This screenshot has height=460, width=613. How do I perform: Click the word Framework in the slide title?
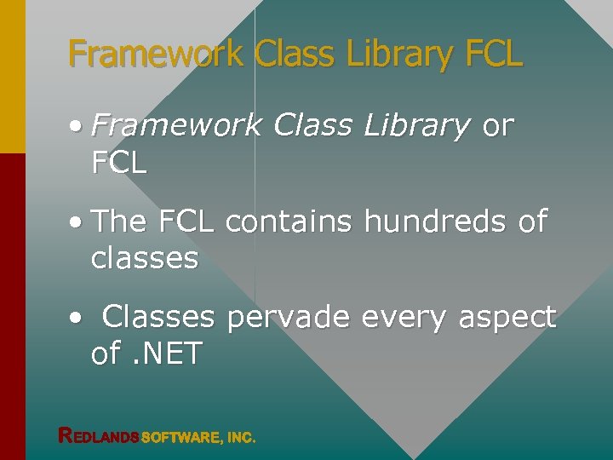[x=157, y=54]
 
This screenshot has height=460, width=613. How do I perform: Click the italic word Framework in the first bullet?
[x=176, y=125]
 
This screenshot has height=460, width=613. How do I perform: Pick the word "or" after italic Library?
[x=498, y=126]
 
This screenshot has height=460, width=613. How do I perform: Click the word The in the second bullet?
[x=120, y=221]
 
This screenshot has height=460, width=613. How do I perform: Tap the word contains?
[x=289, y=221]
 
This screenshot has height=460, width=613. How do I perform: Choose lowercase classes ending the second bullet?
[x=144, y=258]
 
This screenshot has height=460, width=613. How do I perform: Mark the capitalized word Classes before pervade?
[x=158, y=318]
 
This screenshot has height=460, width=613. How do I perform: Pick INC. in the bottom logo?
[x=240, y=437]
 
